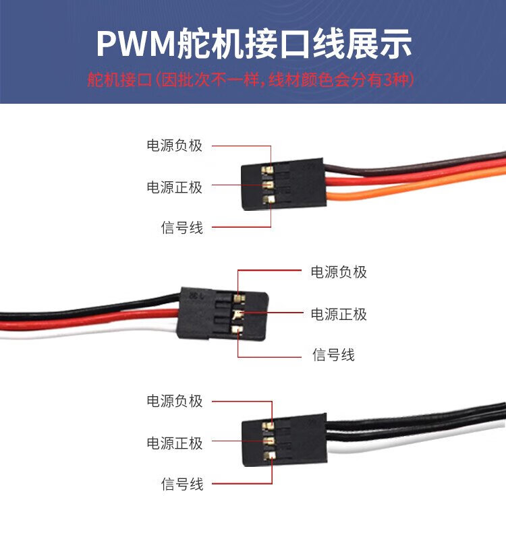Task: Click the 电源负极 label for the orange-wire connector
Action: point(174,145)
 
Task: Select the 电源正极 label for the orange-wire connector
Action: point(174,187)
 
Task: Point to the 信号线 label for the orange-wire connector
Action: point(181,228)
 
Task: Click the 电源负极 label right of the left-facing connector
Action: point(339,272)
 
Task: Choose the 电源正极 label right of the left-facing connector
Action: point(339,314)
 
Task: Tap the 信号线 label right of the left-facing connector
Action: point(333,354)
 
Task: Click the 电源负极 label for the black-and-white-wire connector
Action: point(174,401)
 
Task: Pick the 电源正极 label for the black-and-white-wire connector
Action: point(174,443)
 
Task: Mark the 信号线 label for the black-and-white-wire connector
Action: point(181,484)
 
